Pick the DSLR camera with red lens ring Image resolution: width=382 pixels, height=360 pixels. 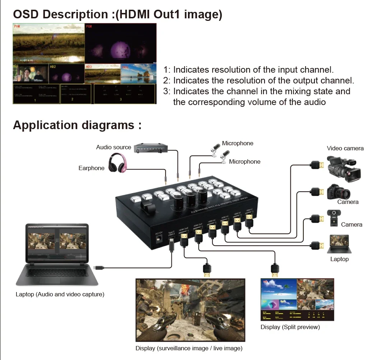click(x=338, y=192)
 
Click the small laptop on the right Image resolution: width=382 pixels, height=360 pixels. click(x=339, y=244)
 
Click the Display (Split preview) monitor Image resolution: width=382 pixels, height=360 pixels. click(x=297, y=299)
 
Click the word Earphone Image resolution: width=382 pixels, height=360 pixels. click(x=91, y=168)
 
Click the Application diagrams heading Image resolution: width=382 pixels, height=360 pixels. click(x=77, y=125)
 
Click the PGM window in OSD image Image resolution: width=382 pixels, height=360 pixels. click(x=120, y=44)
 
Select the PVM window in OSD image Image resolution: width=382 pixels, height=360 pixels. click(x=49, y=44)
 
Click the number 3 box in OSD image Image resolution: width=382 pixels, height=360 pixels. click(x=124, y=94)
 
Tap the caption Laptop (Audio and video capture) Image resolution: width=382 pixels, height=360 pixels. click(x=60, y=294)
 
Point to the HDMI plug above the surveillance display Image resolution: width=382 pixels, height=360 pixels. click(x=207, y=270)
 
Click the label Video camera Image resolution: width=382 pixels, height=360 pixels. click(x=345, y=148)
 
